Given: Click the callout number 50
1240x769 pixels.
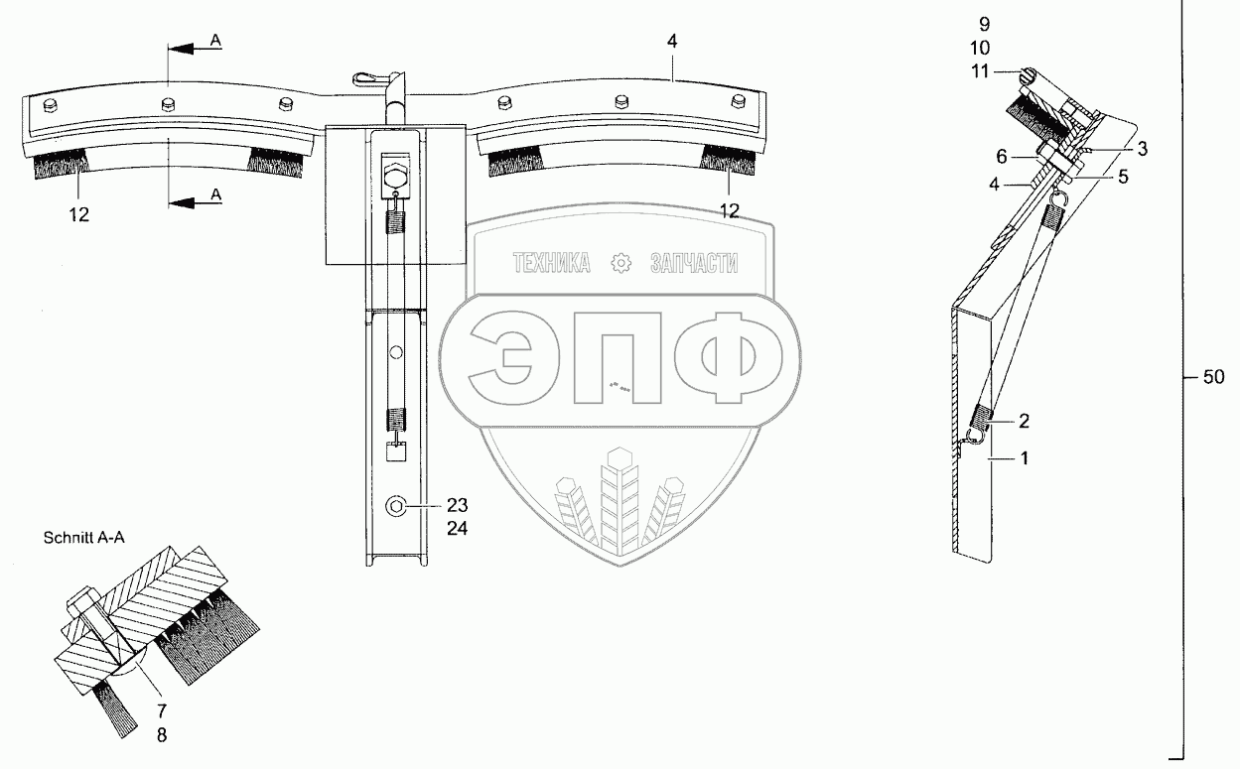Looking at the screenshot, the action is point(1213,377).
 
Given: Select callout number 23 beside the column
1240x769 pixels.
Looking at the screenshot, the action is point(457,504).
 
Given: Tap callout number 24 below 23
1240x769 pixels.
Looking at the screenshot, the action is point(457,528).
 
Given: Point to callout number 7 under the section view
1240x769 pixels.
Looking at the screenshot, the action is point(161,710).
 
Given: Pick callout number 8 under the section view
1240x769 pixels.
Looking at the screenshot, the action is point(161,735).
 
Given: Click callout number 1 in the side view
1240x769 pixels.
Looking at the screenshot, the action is point(1025,458).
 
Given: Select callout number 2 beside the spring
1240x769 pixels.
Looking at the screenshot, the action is point(1023,421).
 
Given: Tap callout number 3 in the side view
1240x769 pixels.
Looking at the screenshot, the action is point(1143,149).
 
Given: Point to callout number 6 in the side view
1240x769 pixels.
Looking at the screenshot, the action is point(1002,157).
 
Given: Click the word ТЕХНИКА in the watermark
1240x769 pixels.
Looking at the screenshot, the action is point(552,263).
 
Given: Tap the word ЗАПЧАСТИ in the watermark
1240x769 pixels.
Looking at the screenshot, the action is point(694,263).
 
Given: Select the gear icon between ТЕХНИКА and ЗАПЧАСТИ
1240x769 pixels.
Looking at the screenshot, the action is point(621,263).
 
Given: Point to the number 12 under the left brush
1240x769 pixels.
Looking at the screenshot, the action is point(79,212).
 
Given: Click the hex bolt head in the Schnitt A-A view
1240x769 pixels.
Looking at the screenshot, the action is point(81,602).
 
